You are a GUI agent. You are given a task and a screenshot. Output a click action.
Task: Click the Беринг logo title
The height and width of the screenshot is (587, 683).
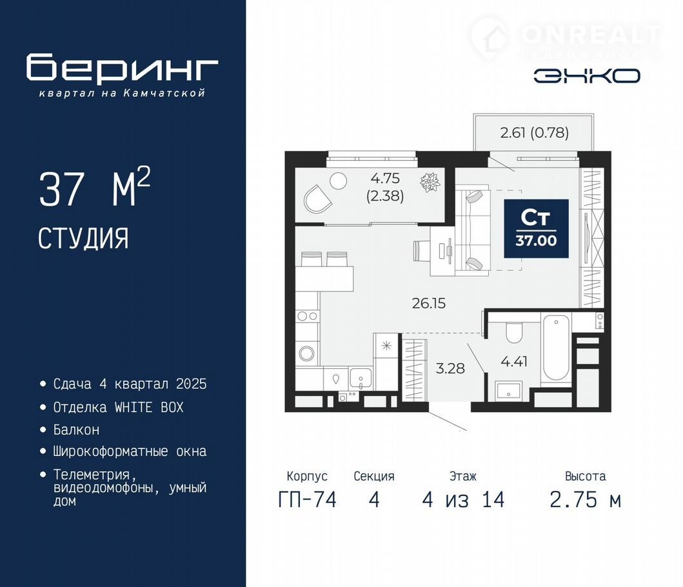click(122, 67)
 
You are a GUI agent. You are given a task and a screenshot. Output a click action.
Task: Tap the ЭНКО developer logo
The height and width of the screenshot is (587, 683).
click(587, 76)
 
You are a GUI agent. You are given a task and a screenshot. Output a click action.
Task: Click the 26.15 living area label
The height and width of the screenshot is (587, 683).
click(429, 303)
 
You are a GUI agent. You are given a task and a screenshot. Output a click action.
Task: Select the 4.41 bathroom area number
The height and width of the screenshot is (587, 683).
click(515, 361)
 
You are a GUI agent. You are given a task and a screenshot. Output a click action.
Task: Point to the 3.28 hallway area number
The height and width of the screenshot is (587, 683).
click(450, 368)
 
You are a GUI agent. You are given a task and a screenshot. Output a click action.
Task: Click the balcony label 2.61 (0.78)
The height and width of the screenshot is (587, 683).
click(535, 132)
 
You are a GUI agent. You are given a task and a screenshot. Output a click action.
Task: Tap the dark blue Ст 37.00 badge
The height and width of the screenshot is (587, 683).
click(536, 228)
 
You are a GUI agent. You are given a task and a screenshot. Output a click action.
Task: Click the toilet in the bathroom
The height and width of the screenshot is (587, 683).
click(514, 332)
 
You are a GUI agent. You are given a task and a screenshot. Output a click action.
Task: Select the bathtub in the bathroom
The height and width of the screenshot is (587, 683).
click(555, 348)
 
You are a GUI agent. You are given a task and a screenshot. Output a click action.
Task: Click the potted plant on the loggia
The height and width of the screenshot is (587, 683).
click(430, 182)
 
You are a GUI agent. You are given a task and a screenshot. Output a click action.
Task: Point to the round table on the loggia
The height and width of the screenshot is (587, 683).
click(338, 181)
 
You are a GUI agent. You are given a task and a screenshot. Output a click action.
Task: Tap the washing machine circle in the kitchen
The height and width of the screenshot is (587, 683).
click(306, 352)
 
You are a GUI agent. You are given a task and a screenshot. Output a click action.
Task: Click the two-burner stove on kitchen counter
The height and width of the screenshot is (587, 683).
click(307, 316)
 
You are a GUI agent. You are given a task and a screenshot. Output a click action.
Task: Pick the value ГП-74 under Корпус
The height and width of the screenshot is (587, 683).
click(307, 499)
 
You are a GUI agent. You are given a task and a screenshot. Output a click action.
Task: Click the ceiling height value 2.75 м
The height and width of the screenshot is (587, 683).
click(585, 499)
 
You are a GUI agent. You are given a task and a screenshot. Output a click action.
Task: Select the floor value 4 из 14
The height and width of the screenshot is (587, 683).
click(463, 499)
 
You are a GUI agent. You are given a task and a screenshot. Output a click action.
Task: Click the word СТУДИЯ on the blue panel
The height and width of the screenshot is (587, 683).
click(83, 239)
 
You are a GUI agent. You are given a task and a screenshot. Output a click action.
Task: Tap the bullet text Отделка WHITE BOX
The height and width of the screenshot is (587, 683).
click(119, 408)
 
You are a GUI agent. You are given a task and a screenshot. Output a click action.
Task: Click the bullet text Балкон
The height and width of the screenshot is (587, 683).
click(76, 430)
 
